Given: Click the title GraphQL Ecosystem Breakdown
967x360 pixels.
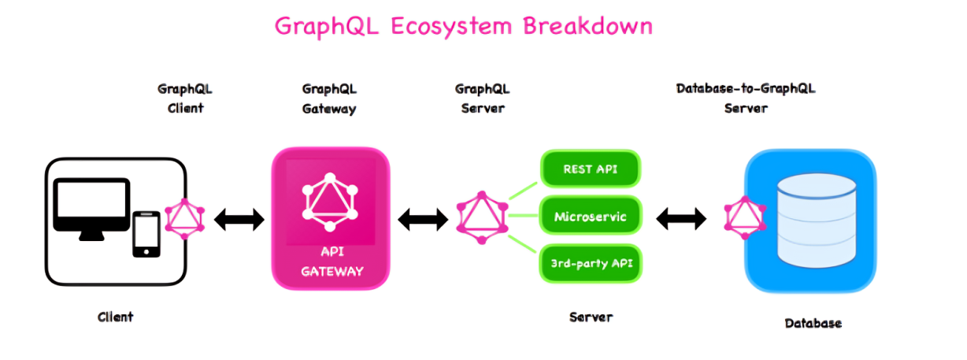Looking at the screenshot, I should pyautogui.click(x=463, y=26).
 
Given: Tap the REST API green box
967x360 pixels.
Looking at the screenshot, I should pyautogui.click(x=590, y=169).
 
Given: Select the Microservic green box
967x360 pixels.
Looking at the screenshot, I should pyautogui.click(x=590, y=216).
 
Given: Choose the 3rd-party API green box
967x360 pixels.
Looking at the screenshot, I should pyautogui.click(x=590, y=262).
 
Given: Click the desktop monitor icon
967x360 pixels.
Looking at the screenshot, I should pyautogui.click(x=91, y=207).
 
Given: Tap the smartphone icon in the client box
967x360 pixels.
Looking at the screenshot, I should pyautogui.click(x=146, y=234).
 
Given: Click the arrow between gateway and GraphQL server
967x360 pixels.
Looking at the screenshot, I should pyautogui.click(x=423, y=219).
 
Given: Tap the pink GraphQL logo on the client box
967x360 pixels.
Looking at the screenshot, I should pyautogui.click(x=185, y=220).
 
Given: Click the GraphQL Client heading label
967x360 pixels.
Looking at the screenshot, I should pyautogui.click(x=185, y=98).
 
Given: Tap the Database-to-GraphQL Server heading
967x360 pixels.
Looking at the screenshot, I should pyautogui.click(x=745, y=98).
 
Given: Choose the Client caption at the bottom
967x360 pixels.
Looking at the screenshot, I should pyautogui.click(x=115, y=317).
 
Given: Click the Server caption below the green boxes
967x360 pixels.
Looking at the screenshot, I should pyautogui.click(x=590, y=317).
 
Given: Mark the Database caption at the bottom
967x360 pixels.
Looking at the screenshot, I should pyautogui.click(x=813, y=323).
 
